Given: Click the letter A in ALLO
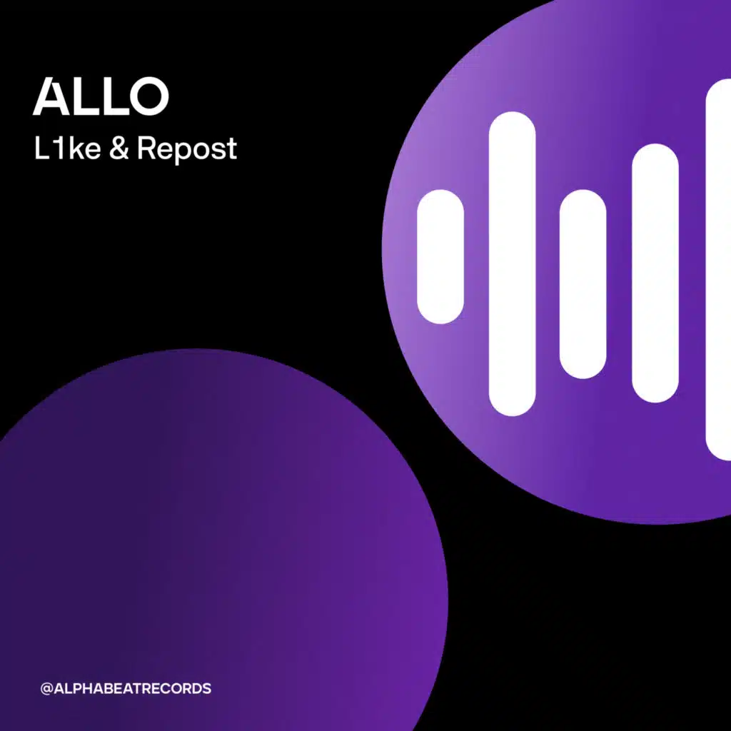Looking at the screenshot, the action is [51, 96].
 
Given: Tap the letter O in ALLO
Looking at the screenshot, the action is [148, 96].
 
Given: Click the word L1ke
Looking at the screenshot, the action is [68, 148].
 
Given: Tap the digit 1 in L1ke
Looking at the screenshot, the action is [59, 148].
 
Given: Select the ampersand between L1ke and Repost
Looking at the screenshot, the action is [119, 148].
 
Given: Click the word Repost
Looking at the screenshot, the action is [187, 151].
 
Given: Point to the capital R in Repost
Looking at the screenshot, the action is [146, 148].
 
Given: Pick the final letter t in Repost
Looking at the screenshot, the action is [232, 150].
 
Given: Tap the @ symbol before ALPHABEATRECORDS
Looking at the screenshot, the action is [46, 689].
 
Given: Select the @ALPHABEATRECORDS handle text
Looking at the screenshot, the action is [126, 689].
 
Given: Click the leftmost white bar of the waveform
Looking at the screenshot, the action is [440, 256].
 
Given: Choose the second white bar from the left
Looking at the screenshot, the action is [512, 263].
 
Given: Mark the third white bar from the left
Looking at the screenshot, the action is [583, 284].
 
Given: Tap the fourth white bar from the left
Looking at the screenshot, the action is [655, 273].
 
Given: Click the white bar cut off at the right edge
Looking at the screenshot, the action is [718, 269].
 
